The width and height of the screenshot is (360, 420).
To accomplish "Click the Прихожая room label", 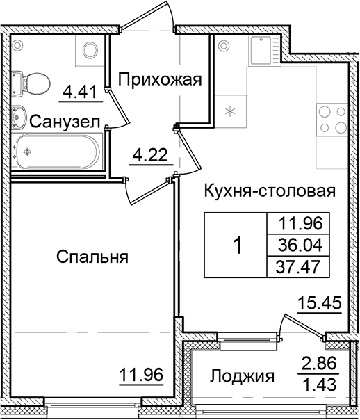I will tap(159, 80).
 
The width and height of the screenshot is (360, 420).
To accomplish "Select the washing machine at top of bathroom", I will tap(89, 49).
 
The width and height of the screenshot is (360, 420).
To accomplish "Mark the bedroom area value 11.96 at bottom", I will tap(141, 375).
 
